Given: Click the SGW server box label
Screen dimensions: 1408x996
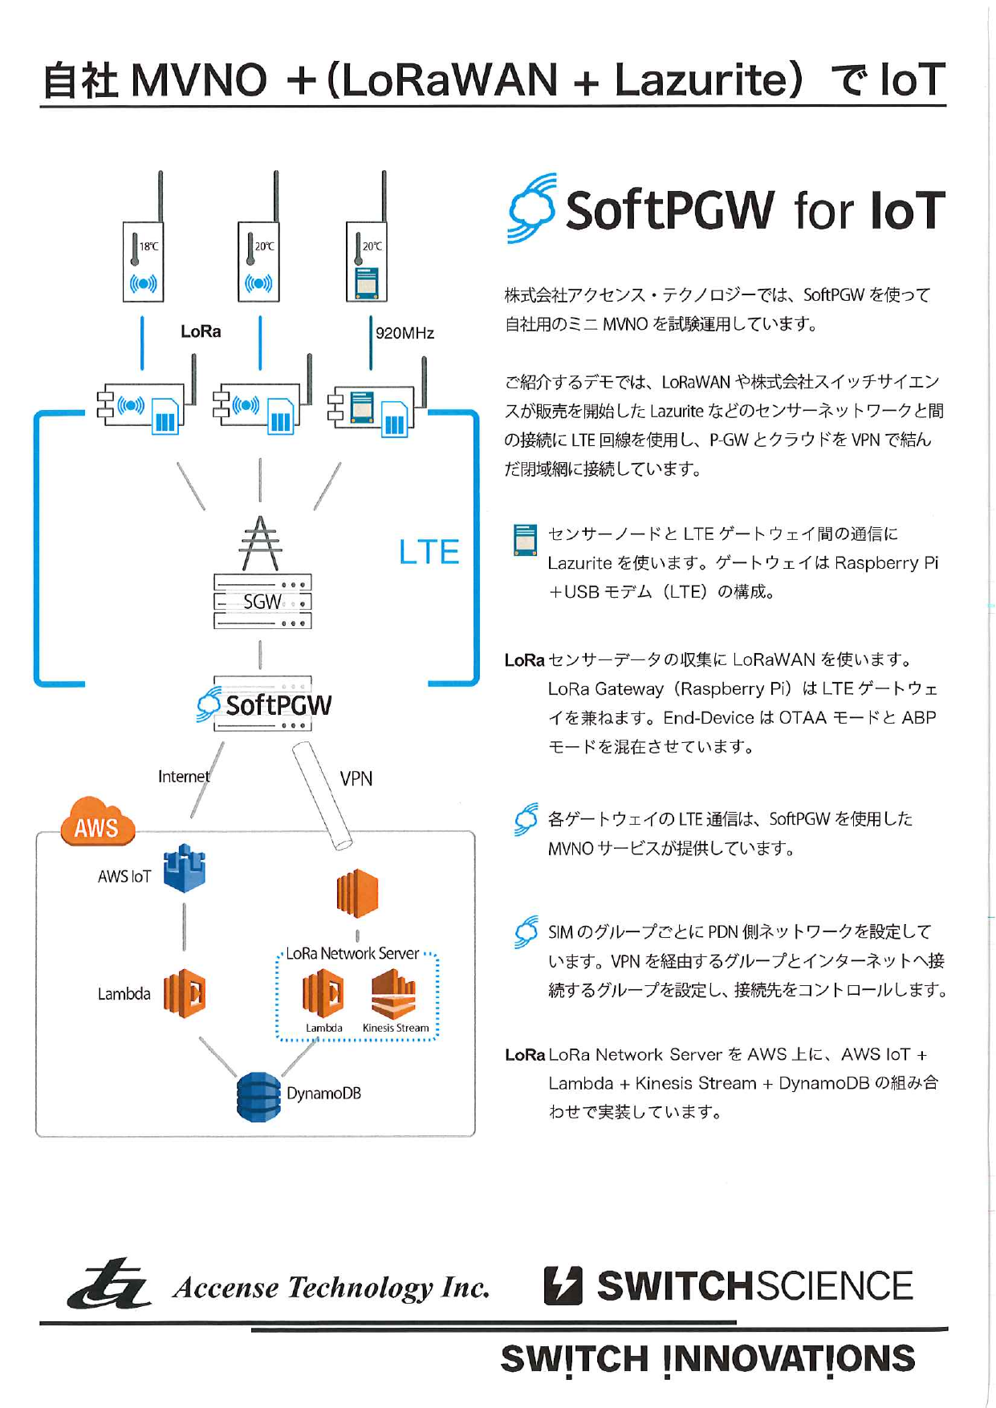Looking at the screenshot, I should [x=262, y=602].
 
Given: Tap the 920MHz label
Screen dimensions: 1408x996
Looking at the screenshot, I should [x=404, y=333].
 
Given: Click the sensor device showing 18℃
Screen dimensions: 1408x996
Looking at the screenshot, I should [x=143, y=262].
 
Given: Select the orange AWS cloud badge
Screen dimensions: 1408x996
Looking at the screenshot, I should [x=96, y=823].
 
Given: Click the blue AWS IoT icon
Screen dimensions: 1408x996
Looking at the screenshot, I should [x=185, y=869].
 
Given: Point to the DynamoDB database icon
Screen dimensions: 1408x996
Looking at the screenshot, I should [x=258, y=1097].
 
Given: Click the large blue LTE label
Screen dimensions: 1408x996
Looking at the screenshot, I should [x=429, y=552].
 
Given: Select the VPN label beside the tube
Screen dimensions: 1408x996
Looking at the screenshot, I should [x=356, y=778].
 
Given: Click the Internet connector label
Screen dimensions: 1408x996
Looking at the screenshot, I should [x=183, y=777].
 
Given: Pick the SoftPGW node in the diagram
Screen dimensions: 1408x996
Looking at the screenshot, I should [x=265, y=704].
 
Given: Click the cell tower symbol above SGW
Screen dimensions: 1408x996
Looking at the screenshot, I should [x=260, y=543].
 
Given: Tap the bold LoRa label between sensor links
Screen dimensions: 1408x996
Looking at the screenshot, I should [x=201, y=331].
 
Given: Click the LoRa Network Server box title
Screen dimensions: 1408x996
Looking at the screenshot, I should [x=352, y=953].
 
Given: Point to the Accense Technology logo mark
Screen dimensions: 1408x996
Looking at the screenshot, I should [x=110, y=1284].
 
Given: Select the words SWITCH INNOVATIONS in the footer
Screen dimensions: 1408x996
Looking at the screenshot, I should [x=707, y=1359].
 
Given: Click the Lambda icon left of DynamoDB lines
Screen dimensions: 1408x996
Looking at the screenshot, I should [x=185, y=993].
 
